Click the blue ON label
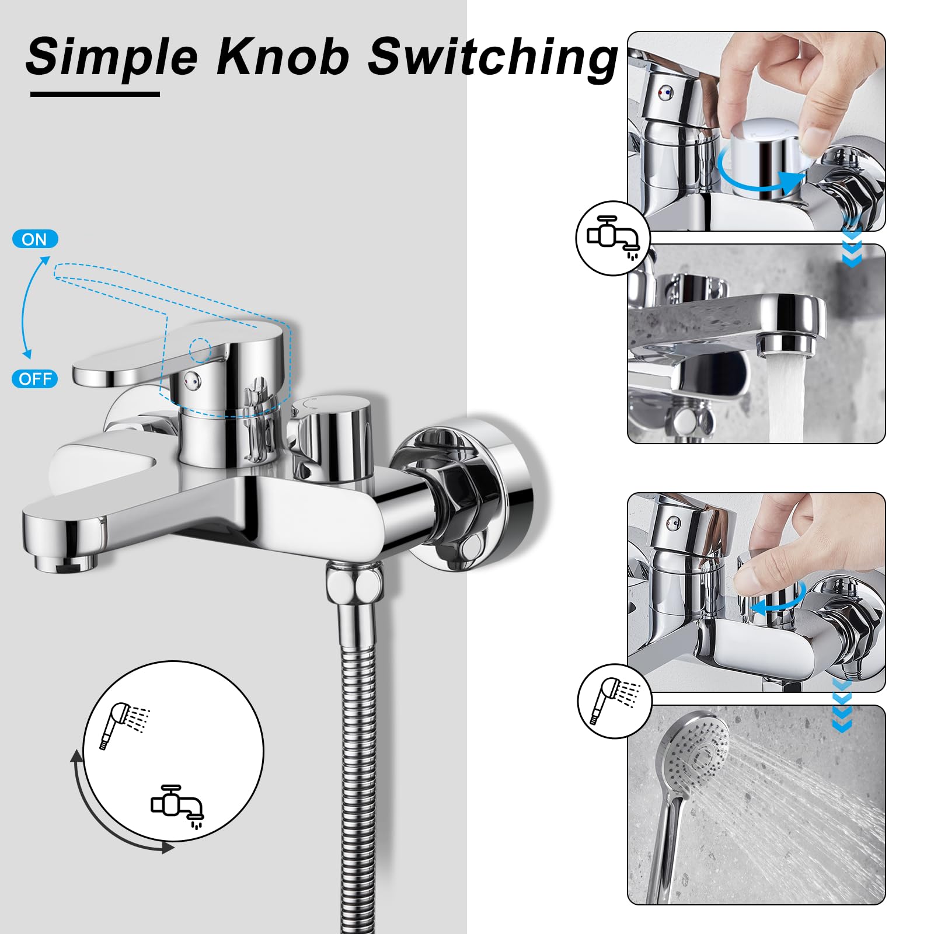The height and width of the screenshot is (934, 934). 35,239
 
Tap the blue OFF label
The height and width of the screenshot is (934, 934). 35,379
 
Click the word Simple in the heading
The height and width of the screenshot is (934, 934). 111,57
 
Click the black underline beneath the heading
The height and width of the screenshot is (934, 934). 95,93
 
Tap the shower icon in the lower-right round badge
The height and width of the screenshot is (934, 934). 615,700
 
